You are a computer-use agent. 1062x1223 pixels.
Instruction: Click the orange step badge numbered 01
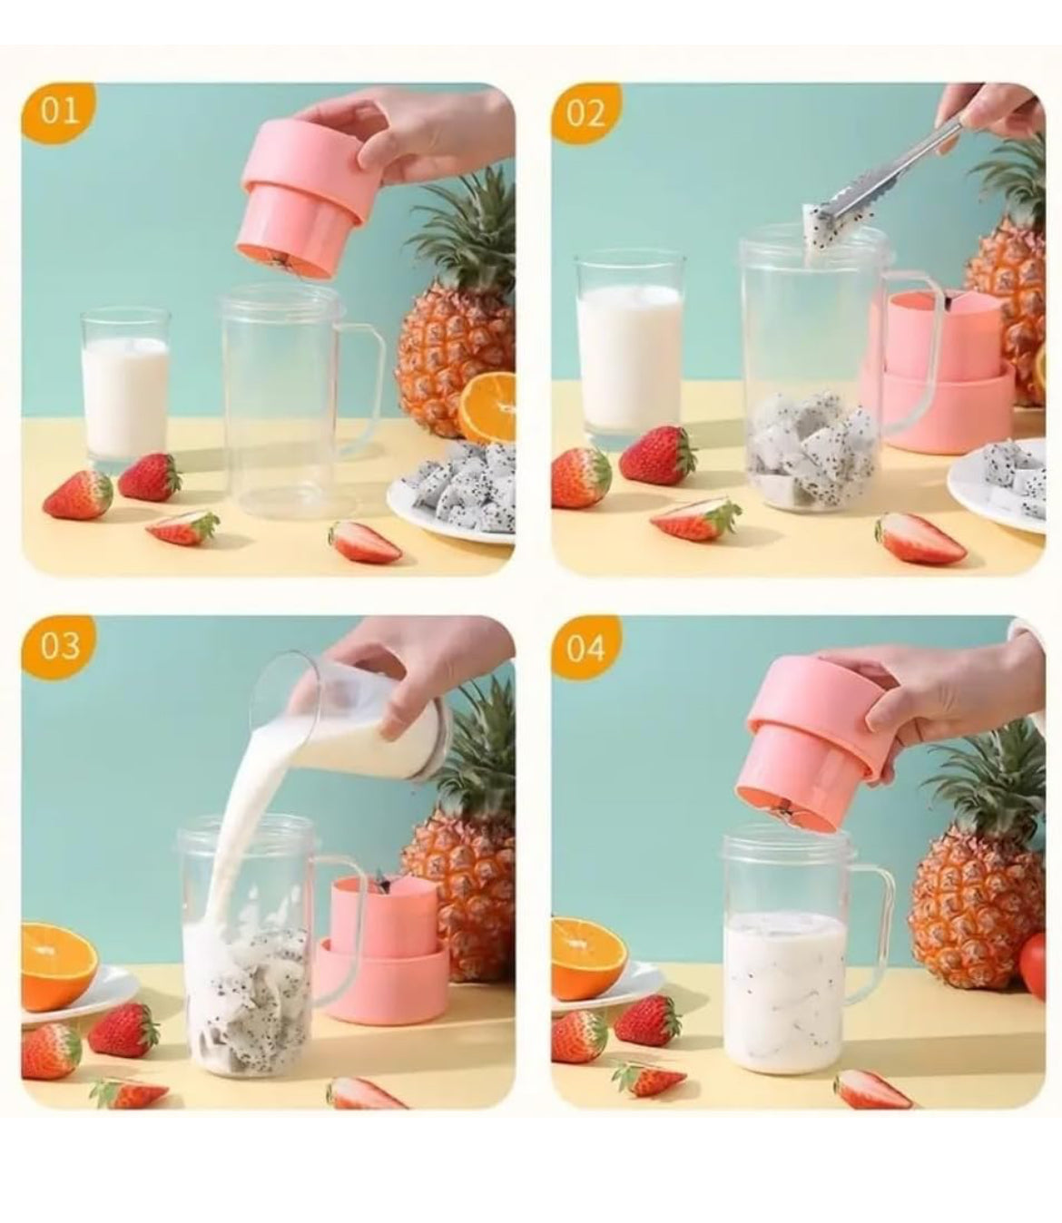60,112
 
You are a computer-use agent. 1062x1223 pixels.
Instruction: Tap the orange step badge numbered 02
586,112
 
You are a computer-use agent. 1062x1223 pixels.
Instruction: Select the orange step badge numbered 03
60,645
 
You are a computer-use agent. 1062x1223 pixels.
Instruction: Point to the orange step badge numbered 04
586,648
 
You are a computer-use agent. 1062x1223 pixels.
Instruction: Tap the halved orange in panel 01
488,408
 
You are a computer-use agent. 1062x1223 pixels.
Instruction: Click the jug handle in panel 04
873,916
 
